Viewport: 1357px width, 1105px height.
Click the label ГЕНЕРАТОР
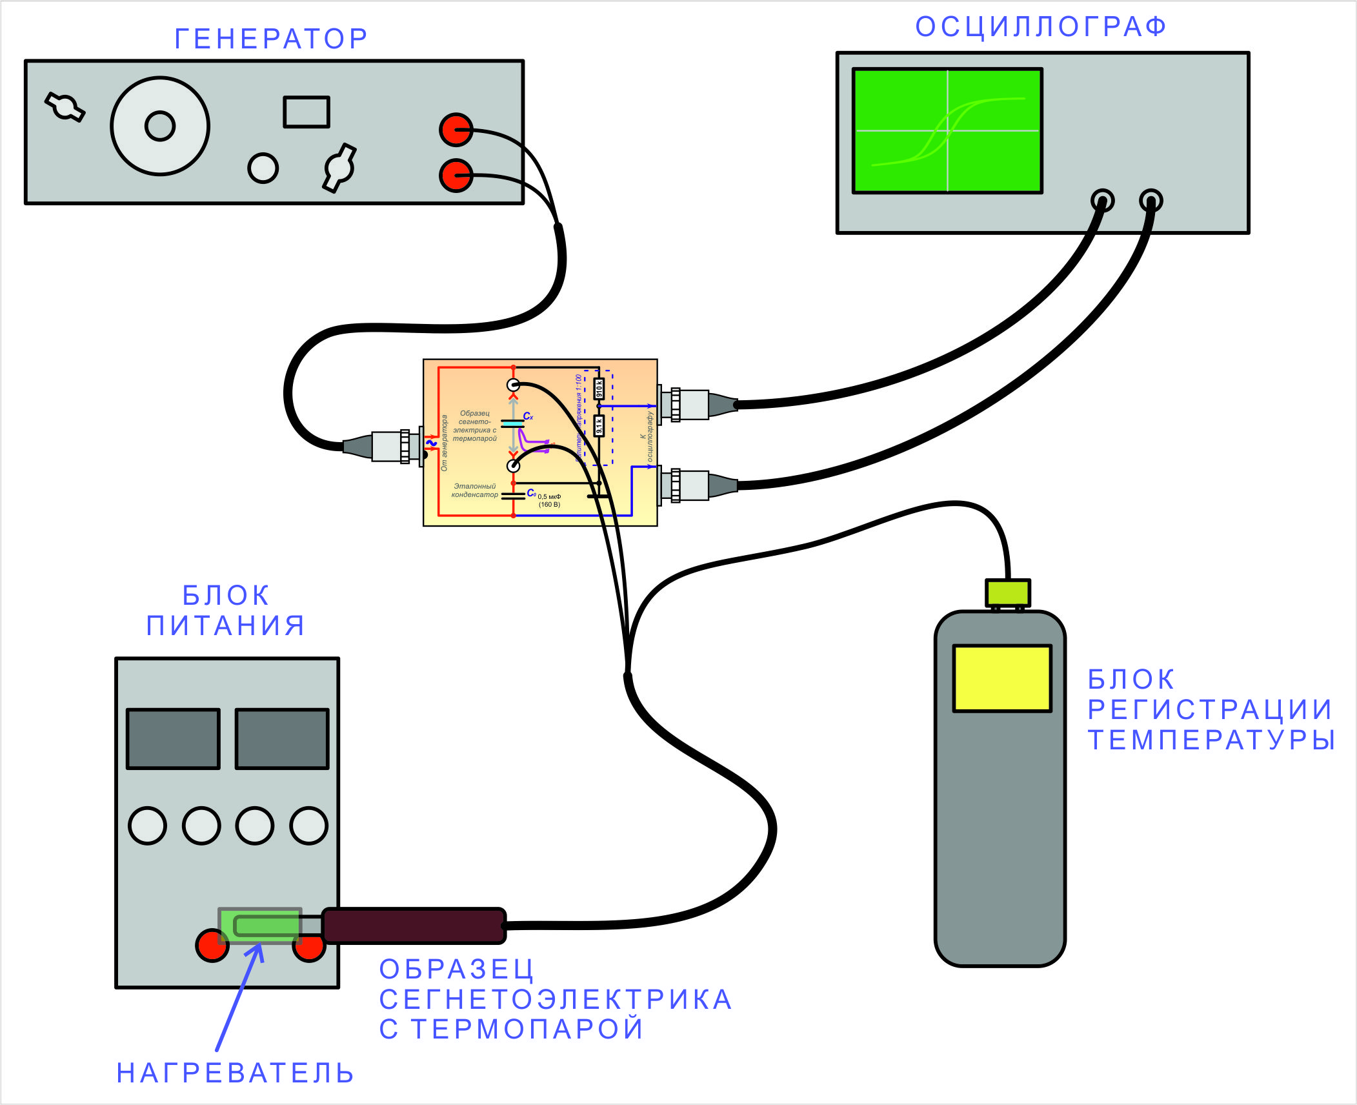(271, 39)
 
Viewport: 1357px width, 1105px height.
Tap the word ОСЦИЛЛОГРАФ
(1041, 27)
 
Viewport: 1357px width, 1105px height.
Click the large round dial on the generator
(160, 126)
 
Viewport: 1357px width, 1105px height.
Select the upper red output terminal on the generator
(456, 130)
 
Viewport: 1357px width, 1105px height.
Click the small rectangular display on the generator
(307, 112)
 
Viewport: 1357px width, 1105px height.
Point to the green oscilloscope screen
(947, 130)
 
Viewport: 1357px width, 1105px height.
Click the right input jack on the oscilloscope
(1151, 200)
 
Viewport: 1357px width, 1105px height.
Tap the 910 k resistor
(599, 389)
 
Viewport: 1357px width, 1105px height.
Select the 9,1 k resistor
(599, 425)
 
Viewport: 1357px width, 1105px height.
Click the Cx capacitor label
(528, 416)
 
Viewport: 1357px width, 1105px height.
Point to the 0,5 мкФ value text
(549, 496)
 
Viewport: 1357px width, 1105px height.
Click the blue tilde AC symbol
(432, 443)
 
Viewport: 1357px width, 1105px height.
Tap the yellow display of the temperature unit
(1002, 678)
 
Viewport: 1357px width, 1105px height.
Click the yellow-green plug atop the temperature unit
(1007, 593)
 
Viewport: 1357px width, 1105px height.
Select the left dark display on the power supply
(173, 738)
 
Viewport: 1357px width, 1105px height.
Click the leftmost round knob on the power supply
(148, 825)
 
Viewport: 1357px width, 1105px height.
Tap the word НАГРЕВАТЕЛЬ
(235, 1073)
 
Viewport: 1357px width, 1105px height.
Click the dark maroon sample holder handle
(414, 925)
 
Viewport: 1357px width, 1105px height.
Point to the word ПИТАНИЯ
(226, 625)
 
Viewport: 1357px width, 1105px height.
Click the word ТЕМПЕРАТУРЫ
(1211, 740)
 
